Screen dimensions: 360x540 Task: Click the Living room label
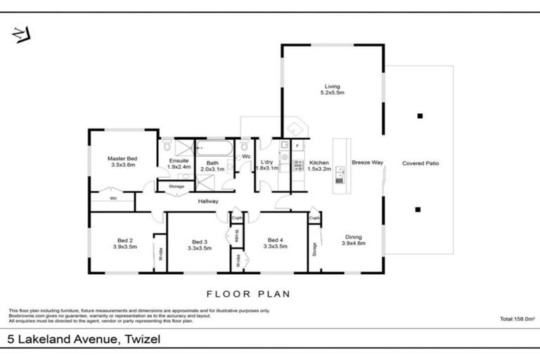(x=333, y=89)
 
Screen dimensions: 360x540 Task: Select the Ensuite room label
(x=179, y=163)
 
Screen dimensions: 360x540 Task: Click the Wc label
(x=247, y=157)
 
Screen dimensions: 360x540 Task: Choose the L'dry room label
(x=267, y=165)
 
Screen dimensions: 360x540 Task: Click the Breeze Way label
(x=367, y=162)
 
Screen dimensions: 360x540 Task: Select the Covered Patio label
(x=420, y=163)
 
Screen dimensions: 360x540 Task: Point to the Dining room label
(x=354, y=240)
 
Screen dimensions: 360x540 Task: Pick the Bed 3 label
(x=200, y=244)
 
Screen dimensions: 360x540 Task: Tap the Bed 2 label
(x=124, y=243)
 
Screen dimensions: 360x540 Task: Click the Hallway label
(x=208, y=201)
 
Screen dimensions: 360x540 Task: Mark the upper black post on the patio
(x=420, y=117)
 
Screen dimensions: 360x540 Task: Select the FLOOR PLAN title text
(x=248, y=294)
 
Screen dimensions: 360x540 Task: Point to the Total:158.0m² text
(x=517, y=319)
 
